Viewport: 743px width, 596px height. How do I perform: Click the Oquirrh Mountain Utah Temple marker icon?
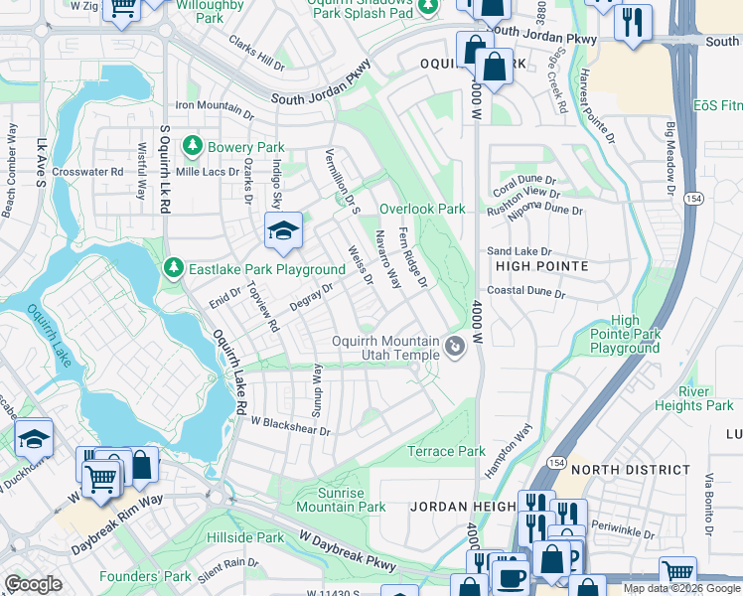click(x=455, y=347)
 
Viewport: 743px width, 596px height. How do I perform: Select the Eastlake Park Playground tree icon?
click(x=174, y=269)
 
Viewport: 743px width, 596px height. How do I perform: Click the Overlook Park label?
click(x=422, y=210)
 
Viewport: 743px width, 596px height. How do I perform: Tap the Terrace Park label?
click(x=447, y=451)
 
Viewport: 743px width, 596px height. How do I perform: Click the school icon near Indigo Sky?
click(x=283, y=231)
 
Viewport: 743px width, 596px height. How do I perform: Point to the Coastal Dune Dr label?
click(x=525, y=293)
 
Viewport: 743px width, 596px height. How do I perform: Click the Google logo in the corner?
click(x=33, y=584)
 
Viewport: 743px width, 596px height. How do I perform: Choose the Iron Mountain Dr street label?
click(x=215, y=106)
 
